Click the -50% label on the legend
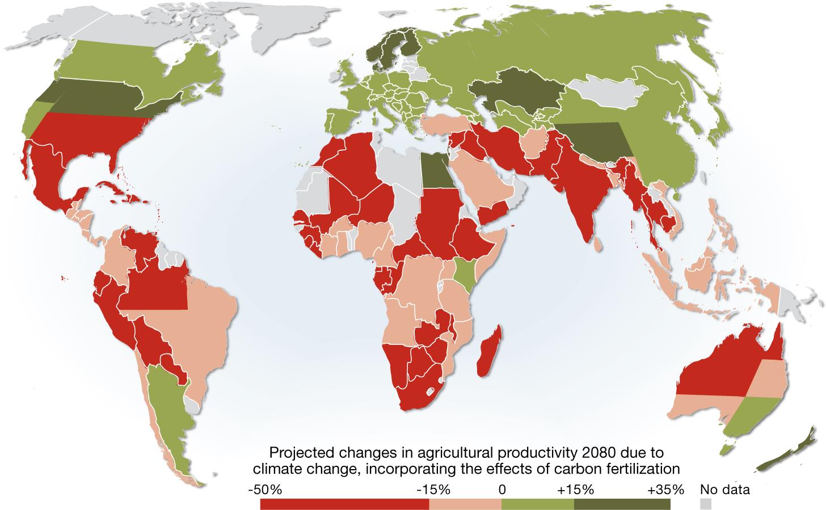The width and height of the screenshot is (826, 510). [x=265, y=490]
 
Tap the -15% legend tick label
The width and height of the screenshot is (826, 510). [x=433, y=490]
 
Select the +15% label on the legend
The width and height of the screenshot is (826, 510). [x=576, y=490]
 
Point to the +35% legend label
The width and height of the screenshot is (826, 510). [x=665, y=490]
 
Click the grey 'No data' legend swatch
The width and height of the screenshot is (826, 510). [x=706, y=503]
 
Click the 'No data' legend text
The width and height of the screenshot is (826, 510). [x=725, y=490]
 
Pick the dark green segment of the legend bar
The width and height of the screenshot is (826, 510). [x=622, y=504]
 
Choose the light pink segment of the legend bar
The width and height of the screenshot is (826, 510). [x=465, y=504]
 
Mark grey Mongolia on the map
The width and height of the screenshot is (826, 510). [x=608, y=90]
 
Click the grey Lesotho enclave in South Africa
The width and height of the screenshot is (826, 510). [x=429, y=391]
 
